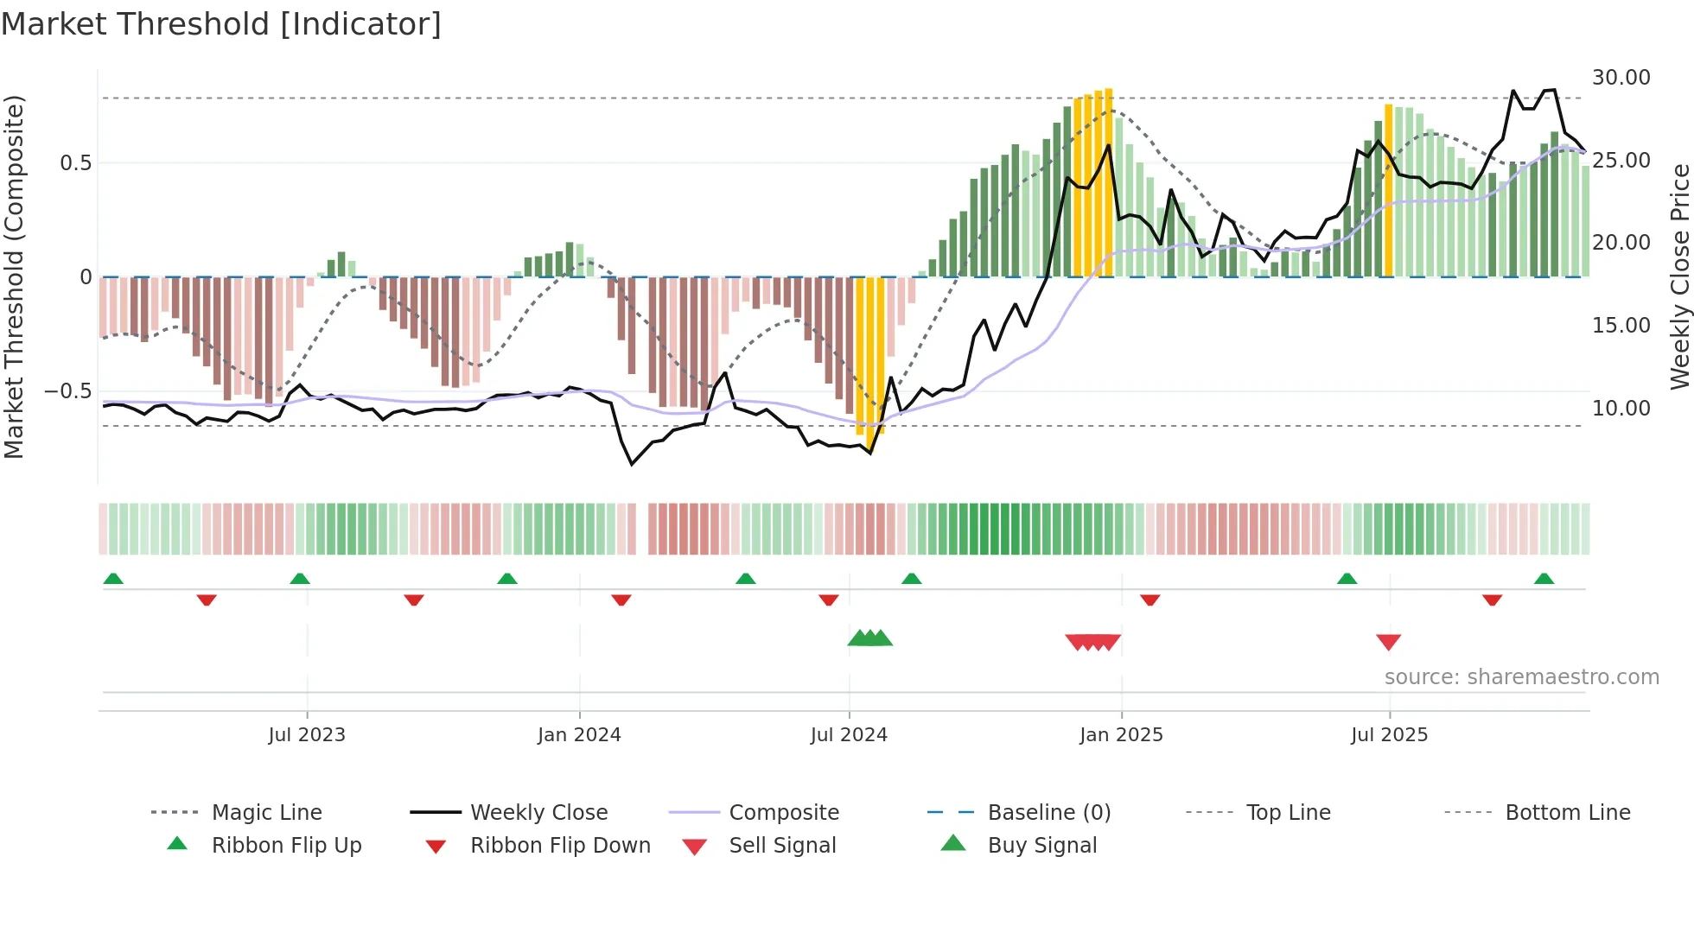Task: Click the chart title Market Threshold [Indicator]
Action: coord(221,24)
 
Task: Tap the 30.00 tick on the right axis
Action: coord(1621,78)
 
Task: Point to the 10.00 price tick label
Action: coord(1621,409)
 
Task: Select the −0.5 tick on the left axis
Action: coord(68,391)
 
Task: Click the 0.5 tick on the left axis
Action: coord(75,163)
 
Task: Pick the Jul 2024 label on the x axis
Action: coord(849,735)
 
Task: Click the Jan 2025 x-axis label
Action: coord(1121,735)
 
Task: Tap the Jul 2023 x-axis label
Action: coord(307,735)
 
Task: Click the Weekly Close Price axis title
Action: coord(1679,276)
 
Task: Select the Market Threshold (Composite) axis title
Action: coord(14,276)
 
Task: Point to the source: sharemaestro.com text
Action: coord(1521,677)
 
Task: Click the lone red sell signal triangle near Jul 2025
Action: coord(1388,642)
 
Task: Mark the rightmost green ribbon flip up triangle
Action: coord(1544,578)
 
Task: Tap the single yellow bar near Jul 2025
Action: coord(1388,190)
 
